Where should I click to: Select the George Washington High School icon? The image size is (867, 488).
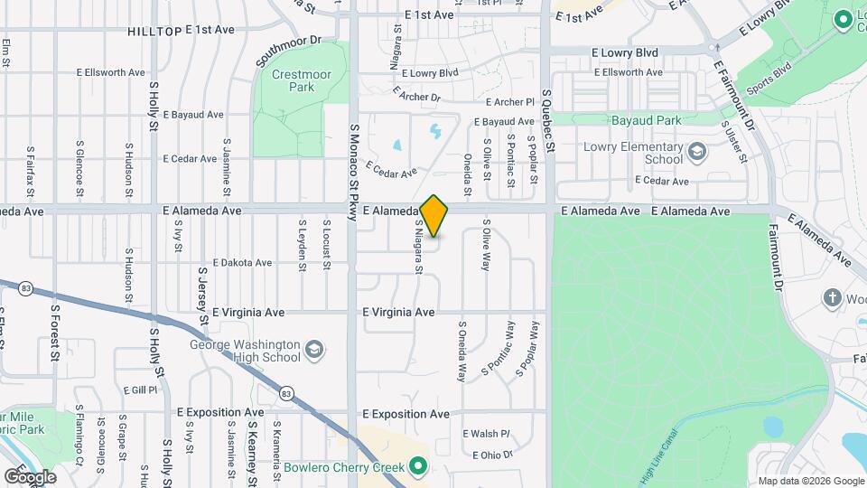coord(313,350)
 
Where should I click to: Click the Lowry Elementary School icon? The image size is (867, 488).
coord(696,152)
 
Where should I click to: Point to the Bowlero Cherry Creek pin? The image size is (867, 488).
coord(417,467)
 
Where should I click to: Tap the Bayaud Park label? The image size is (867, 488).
coord(646,120)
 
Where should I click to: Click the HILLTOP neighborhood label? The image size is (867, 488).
coord(154,30)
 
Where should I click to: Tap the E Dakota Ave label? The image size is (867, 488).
coord(229,263)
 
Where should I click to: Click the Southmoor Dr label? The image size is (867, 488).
coord(288,52)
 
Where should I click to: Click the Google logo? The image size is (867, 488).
coord(30,476)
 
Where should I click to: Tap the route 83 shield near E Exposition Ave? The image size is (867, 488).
coord(286,393)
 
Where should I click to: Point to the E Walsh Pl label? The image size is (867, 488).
coord(486,434)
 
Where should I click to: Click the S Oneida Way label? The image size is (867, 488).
coord(461,352)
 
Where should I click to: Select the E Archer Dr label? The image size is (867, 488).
coord(416,92)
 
